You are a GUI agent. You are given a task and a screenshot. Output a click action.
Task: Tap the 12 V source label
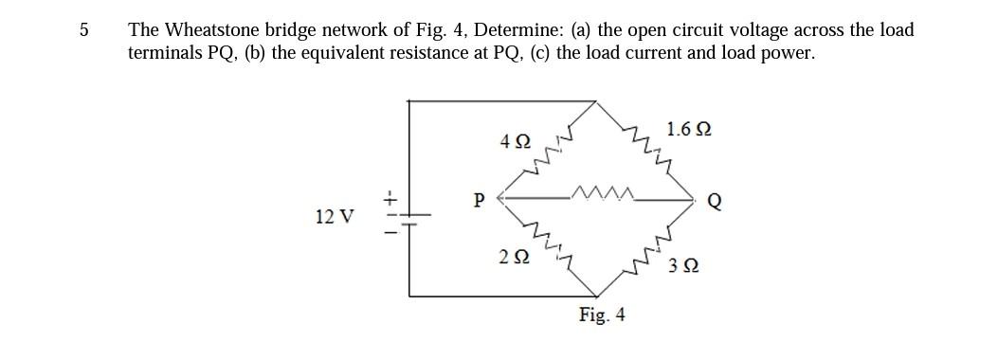coord(332,217)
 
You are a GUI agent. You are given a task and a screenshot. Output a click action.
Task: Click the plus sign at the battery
coord(388,198)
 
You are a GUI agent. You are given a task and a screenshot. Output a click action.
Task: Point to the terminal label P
coord(479,200)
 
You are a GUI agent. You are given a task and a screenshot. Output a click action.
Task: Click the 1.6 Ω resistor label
coord(689,128)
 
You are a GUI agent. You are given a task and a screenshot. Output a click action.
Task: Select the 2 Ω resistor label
coord(512,256)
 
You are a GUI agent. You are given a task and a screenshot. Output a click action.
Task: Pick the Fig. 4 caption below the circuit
coord(602,315)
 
